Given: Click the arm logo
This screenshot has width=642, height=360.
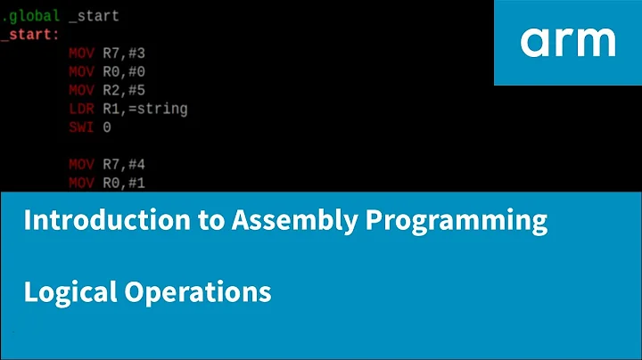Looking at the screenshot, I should click(x=568, y=41).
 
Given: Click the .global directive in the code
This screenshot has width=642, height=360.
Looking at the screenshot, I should click(x=31, y=16).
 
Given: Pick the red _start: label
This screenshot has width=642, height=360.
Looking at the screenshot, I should click(x=30, y=34).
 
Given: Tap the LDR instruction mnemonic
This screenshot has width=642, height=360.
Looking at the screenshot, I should click(x=80, y=109).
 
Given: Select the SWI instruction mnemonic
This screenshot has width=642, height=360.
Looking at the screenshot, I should click(x=80, y=127).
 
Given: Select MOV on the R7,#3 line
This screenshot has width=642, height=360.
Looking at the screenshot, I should click(x=80, y=53).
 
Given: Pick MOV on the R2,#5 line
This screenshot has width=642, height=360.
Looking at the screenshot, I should click(x=80, y=90).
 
